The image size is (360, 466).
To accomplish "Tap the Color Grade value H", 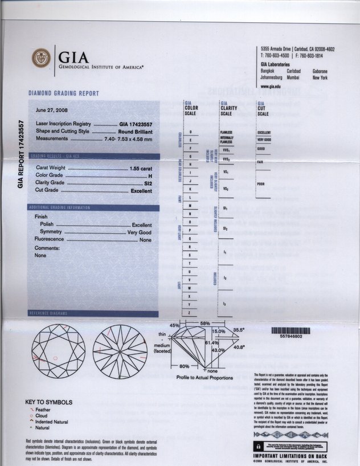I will click(150, 177).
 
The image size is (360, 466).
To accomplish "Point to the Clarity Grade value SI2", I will click(148, 183).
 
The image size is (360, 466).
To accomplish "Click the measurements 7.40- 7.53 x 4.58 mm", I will click(128, 138).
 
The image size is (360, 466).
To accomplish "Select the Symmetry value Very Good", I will click(139, 232).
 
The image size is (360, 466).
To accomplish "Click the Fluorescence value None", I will click(145, 240).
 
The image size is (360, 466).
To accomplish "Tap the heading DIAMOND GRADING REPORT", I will click(64, 93).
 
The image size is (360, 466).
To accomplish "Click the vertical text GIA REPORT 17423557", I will click(21, 154).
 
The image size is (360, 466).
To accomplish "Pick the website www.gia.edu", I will click(272, 86).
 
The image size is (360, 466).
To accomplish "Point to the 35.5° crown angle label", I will click(238, 329).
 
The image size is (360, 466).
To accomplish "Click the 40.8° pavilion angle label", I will click(239, 347).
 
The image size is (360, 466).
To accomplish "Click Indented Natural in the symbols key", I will click(52, 422).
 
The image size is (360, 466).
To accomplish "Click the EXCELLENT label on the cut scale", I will click(264, 133).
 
